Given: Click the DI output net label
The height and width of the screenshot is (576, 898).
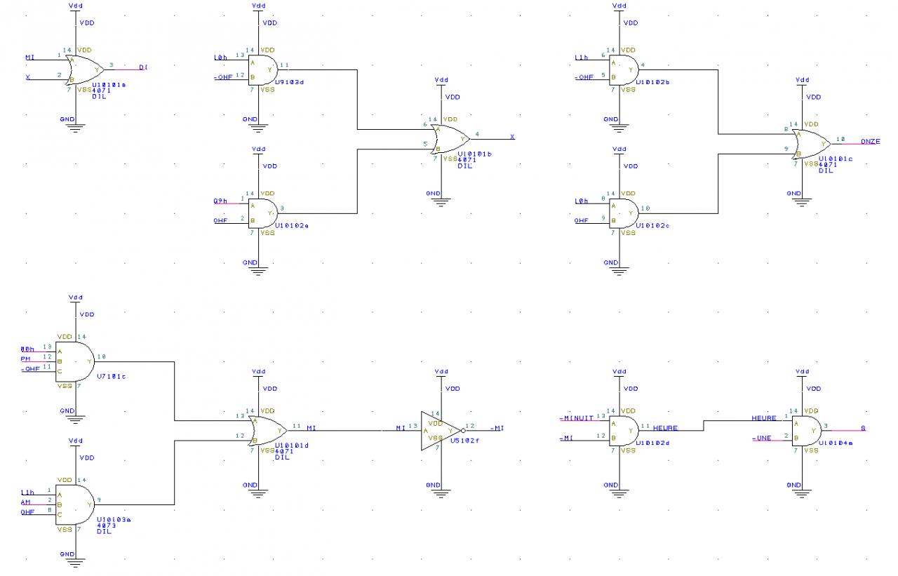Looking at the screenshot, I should (142, 67).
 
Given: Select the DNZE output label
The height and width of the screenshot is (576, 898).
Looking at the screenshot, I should (870, 142).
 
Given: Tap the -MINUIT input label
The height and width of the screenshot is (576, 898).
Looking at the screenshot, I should (576, 418).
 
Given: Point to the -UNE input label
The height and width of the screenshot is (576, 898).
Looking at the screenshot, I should (760, 438).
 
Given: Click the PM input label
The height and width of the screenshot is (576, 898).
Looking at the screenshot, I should (27, 359).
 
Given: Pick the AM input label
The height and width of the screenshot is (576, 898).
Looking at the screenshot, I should (26, 502).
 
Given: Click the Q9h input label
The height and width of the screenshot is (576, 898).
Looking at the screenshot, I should (220, 201).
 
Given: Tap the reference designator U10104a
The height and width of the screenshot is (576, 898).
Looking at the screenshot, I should (834, 443).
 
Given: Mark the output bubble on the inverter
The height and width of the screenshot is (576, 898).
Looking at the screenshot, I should (464, 430).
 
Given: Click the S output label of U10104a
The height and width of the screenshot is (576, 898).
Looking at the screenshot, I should (862, 427).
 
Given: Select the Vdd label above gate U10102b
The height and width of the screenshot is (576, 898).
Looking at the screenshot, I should (619, 6).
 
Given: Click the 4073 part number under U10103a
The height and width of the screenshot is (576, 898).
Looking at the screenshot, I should (106, 525).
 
